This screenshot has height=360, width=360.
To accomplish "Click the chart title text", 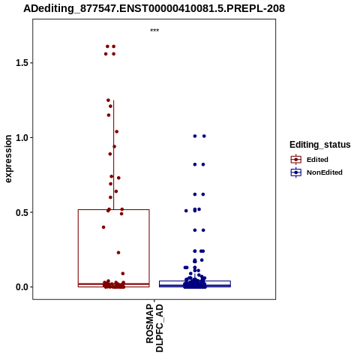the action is (154, 8).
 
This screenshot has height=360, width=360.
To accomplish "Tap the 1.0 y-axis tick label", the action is (21, 137).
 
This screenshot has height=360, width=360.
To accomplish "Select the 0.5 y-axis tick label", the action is (21, 212).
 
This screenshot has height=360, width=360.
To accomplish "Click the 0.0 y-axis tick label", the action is (21, 287).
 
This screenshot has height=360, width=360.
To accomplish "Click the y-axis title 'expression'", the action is (8, 159).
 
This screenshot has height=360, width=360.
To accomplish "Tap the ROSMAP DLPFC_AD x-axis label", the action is (154, 328).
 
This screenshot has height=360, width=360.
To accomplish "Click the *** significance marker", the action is (154, 30).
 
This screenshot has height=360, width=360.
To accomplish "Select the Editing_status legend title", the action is (320, 145).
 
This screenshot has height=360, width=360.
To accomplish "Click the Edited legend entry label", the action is (317, 160).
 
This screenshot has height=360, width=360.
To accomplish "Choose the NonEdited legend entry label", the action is (325, 172).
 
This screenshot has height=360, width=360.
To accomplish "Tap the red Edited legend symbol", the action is (296, 160).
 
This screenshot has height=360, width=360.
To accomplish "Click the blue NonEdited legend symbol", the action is (296, 172).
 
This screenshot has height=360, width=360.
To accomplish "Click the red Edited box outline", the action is (78, 248).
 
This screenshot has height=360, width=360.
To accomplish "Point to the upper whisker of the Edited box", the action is (114, 154).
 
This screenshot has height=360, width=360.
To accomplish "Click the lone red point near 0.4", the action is (103, 227).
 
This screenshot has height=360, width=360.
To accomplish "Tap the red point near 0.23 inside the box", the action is (118, 253).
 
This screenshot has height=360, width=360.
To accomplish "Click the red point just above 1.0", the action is (116, 131).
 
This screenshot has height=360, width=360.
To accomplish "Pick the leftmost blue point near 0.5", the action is (186, 211).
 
